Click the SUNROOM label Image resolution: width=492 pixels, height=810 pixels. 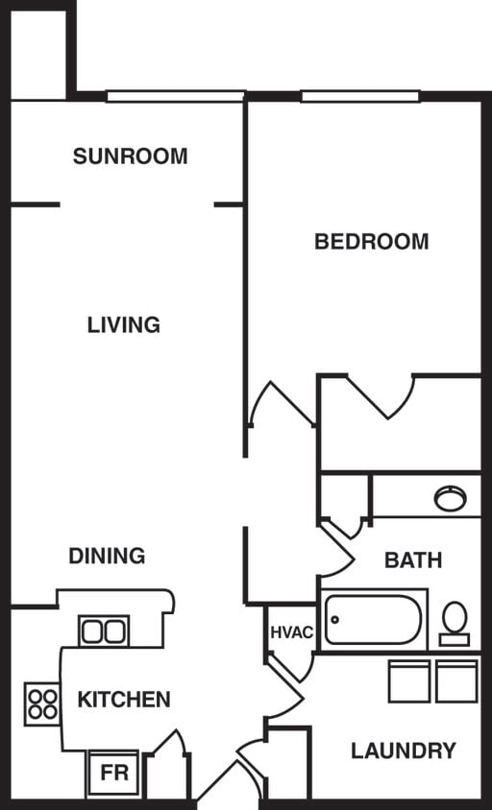131,155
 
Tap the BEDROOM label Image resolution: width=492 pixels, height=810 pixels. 371,241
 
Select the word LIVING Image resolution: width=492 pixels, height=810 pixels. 124,325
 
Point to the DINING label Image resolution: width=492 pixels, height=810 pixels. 107,556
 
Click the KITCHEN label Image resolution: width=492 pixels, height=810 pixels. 124,700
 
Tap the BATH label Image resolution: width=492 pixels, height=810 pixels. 413,560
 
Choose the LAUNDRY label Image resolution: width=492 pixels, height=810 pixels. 403,750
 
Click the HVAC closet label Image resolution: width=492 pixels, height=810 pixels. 291,633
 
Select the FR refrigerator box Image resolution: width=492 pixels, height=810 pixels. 113,773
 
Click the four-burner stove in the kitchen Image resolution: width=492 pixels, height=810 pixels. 41,703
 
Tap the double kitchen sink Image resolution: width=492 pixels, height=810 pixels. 103,631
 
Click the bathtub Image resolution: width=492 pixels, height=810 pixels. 374,620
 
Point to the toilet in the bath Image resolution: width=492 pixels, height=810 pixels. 455,622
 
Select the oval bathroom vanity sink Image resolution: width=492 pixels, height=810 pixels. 450,498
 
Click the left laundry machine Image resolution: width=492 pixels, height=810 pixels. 408,681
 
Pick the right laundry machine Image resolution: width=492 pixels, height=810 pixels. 456,681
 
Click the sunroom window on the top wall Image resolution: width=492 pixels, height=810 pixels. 175,96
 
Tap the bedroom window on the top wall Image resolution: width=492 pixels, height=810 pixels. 360,96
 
